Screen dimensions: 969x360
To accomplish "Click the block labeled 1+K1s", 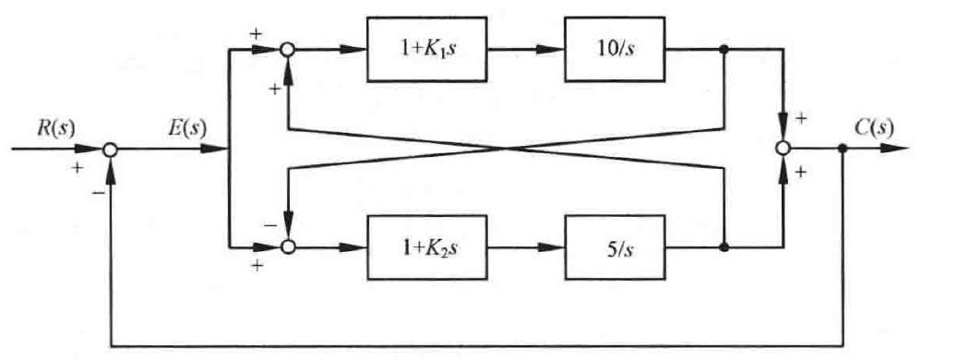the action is point(427,50).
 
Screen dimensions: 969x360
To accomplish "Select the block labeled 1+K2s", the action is point(427,247).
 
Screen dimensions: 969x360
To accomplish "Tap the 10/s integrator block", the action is point(615,50).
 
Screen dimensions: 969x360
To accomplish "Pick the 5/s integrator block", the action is point(615,247).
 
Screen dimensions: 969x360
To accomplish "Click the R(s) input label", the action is point(55,128).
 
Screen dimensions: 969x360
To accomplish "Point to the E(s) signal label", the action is point(188,128).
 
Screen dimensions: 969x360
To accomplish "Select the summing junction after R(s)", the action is point(110,149).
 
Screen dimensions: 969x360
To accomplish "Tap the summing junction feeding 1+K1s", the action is point(288,50).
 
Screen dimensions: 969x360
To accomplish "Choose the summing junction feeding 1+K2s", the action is point(288,247).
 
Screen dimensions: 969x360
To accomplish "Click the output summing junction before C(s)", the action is point(783,149).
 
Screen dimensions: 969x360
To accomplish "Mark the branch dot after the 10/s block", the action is point(724,50).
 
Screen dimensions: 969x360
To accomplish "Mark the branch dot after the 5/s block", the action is point(724,247).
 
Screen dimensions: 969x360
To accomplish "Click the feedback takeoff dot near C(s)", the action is point(843,149).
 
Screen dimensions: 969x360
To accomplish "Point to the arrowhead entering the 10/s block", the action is point(551,50).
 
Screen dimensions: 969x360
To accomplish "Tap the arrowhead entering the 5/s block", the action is point(551,247).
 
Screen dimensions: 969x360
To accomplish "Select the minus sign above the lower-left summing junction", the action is point(270,224).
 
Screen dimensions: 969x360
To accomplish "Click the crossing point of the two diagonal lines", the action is point(506,149).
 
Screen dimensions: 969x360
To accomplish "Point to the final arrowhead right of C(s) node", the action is point(894,149).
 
